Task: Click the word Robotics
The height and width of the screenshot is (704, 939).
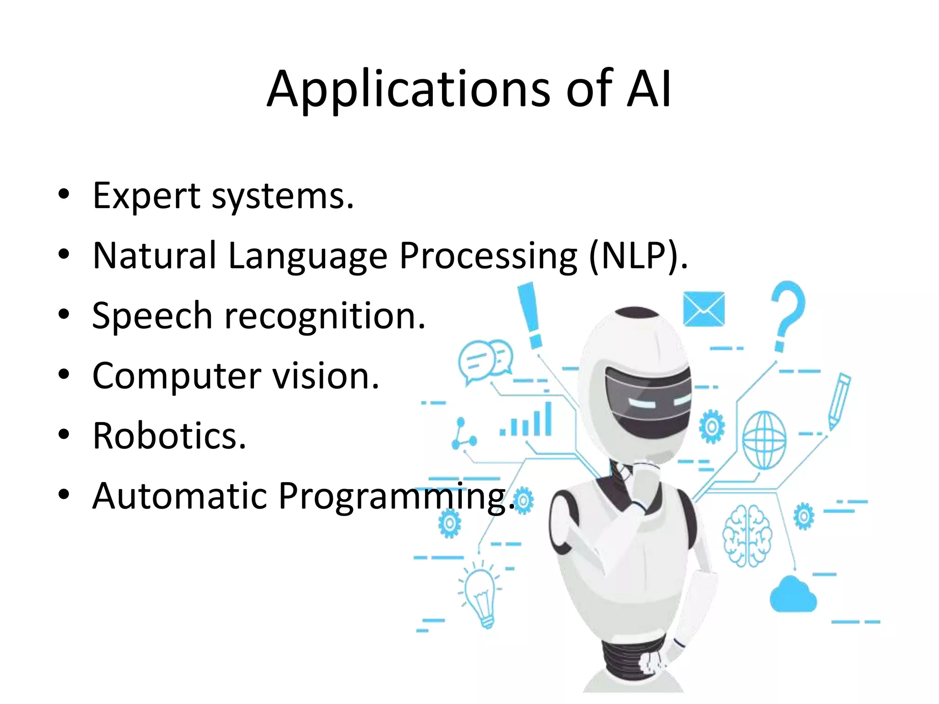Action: coord(169,436)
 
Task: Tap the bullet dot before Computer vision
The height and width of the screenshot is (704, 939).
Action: coord(64,374)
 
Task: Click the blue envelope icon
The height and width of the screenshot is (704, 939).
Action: coord(704,309)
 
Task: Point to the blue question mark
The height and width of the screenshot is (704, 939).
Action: coord(787,312)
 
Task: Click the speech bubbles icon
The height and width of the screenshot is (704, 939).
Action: coord(485,360)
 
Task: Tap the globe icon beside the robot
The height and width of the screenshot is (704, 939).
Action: coord(764,440)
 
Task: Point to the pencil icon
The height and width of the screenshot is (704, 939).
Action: coord(840,401)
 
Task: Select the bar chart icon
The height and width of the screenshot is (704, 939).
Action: coord(527,421)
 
